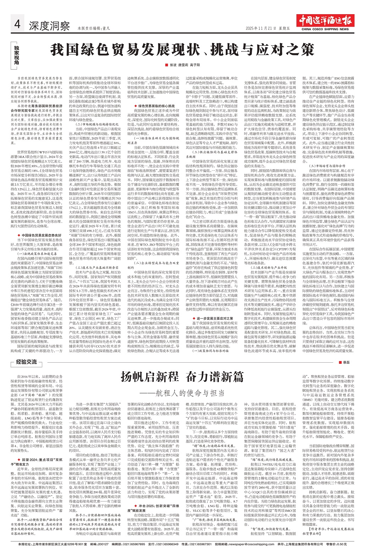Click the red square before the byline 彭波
[x=166, y=65]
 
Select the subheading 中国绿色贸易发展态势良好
[x=42, y=235]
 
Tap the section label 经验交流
[x=27, y=362]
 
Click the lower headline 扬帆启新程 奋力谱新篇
[x=182, y=377]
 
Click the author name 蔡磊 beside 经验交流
[x=346, y=362]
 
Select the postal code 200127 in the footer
[x=103, y=554]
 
